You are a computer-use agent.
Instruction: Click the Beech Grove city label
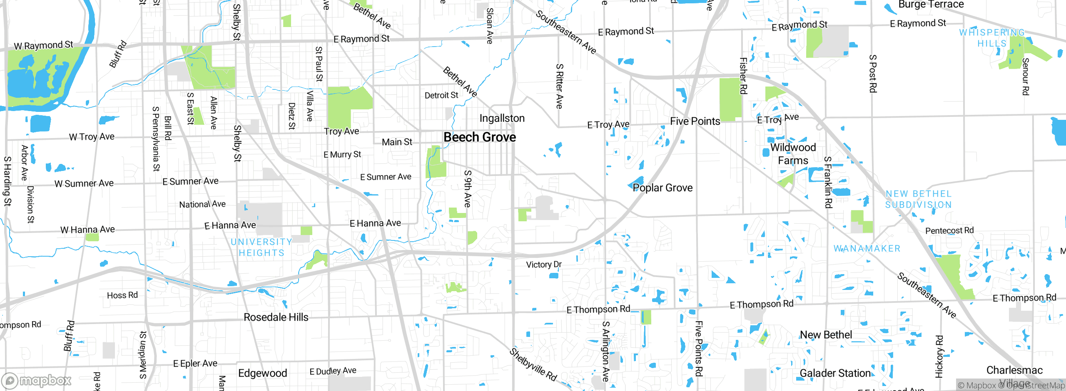[480, 137]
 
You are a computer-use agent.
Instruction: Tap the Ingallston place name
[502, 119]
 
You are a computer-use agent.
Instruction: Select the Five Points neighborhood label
[695, 121]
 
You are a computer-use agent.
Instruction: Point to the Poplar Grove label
[662, 188]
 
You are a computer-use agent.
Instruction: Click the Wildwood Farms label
[793, 154]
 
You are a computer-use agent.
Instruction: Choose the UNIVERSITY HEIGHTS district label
[262, 247]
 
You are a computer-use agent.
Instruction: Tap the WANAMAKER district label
[867, 248]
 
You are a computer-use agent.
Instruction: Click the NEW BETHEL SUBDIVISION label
[919, 199]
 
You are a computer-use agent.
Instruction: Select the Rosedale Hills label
[276, 317]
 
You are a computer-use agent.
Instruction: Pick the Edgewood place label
[262, 373]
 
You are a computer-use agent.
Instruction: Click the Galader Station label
[835, 373]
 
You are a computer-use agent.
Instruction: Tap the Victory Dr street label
[544, 265]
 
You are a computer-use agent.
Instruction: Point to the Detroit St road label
[441, 95]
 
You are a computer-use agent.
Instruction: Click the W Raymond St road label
[43, 45]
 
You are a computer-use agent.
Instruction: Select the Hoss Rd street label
[122, 295]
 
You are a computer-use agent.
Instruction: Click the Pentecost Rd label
[949, 230]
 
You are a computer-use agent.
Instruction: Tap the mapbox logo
[37, 380]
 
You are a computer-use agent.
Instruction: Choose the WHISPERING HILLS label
[992, 38]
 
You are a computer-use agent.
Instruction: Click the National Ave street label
[202, 204]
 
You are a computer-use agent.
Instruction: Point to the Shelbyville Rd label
[533, 365]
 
